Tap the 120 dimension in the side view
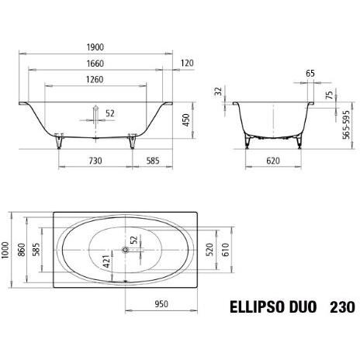(x=186, y=63)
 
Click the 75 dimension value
(x=329, y=95)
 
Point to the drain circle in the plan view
(x=125, y=250)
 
